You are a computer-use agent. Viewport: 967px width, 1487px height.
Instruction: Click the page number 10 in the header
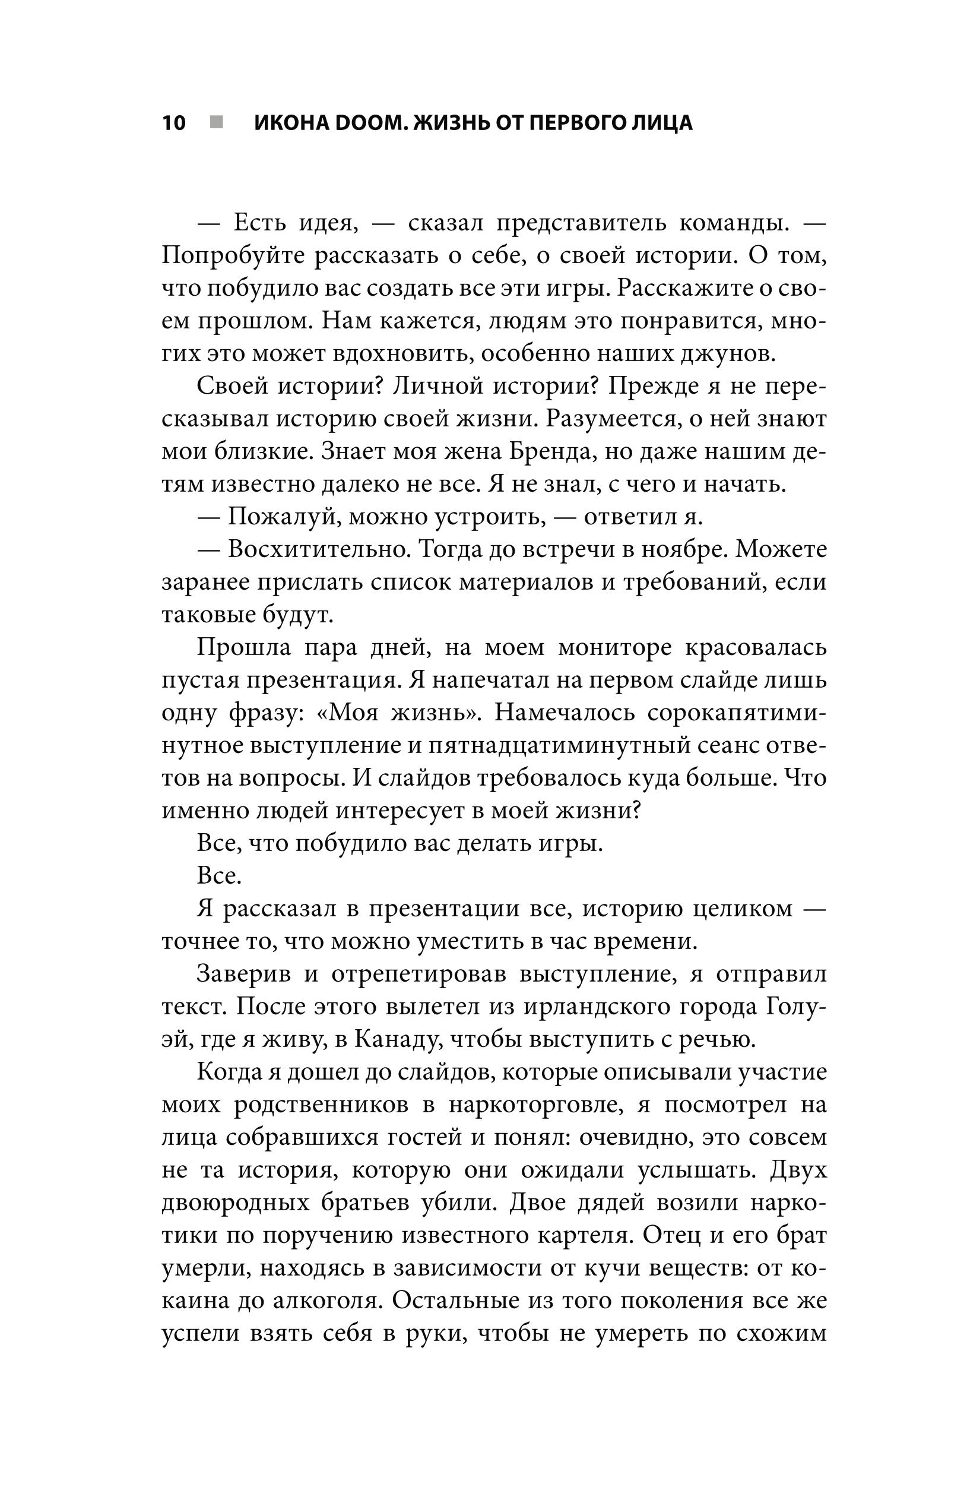pyautogui.click(x=174, y=123)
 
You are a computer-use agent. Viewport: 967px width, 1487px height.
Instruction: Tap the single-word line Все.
pyautogui.click(x=218, y=877)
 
